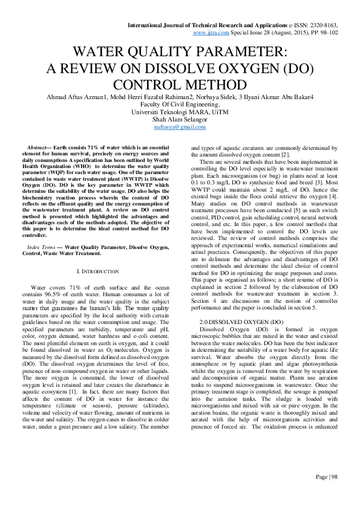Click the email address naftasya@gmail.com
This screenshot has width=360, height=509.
click(179, 127)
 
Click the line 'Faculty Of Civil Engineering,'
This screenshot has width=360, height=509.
click(179, 105)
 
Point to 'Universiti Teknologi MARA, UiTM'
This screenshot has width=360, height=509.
click(179, 112)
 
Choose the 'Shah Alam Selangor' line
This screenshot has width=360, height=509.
click(179, 119)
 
